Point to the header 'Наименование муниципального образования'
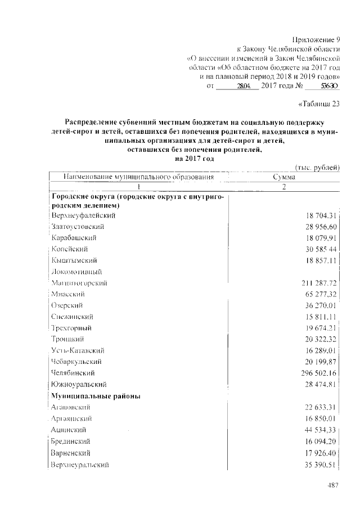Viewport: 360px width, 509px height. click(x=139, y=177)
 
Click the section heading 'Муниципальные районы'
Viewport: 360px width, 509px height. click(x=95, y=396)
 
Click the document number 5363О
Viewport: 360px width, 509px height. click(x=328, y=86)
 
